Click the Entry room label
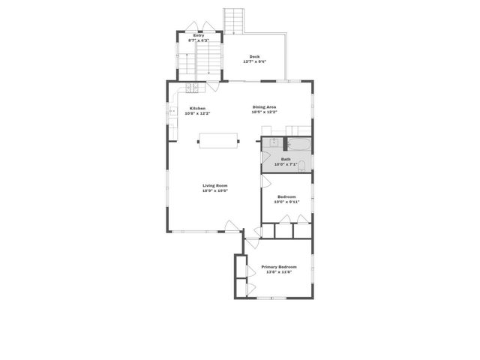pyautogui.click(x=198, y=35)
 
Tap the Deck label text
pyautogui.click(x=254, y=56)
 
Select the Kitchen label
pyautogui.click(x=198, y=108)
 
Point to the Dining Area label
pyautogui.click(x=264, y=107)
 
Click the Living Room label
pyautogui.click(x=214, y=185)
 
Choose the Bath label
pyautogui.click(x=286, y=159)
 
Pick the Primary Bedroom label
pyautogui.click(x=278, y=267)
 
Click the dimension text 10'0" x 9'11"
pyautogui.click(x=286, y=201)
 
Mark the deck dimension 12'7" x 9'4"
pyautogui.click(x=254, y=61)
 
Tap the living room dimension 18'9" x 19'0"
pyautogui.click(x=214, y=190)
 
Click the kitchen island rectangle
pyautogui.click(x=218, y=140)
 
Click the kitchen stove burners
pyautogui.click(x=191, y=88)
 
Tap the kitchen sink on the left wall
pyautogui.click(x=172, y=112)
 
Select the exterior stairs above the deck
pyautogui.click(x=235, y=20)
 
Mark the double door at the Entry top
pyautogui.click(x=198, y=27)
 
